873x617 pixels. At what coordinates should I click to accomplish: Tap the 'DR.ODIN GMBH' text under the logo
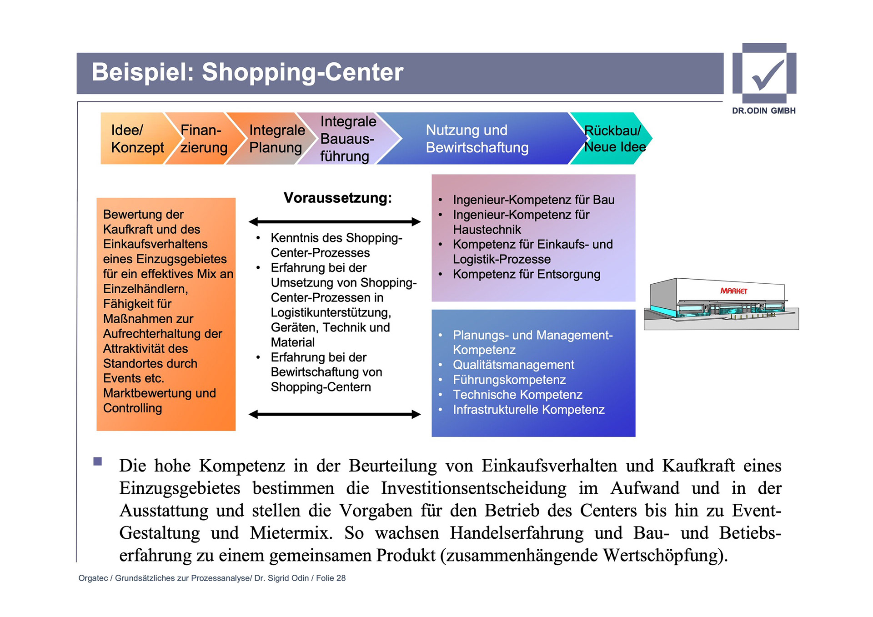pyautogui.click(x=763, y=111)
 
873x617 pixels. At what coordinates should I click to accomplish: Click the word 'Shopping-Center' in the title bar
pyautogui.click(x=302, y=72)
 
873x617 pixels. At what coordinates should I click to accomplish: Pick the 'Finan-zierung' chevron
pyautogui.click(x=203, y=139)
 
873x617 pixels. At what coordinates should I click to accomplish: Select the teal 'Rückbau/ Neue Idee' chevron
pyautogui.click(x=614, y=139)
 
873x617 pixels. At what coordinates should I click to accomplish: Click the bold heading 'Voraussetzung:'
pyautogui.click(x=337, y=198)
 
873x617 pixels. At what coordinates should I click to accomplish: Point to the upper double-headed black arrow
pyautogui.click(x=335, y=222)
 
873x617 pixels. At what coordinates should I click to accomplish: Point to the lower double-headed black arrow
pyautogui.click(x=335, y=414)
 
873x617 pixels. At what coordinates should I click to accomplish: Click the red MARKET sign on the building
pyautogui.click(x=733, y=291)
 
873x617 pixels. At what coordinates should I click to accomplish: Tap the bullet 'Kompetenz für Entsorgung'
pyautogui.click(x=526, y=275)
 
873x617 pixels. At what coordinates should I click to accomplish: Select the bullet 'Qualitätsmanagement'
pyautogui.click(x=513, y=365)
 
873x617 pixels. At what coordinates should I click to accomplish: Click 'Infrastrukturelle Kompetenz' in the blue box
pyautogui.click(x=528, y=410)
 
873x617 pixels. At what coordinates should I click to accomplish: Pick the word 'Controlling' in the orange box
pyautogui.click(x=132, y=408)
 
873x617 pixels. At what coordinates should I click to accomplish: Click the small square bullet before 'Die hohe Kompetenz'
pyautogui.click(x=97, y=461)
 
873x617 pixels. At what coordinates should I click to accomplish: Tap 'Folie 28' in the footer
pyautogui.click(x=331, y=578)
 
